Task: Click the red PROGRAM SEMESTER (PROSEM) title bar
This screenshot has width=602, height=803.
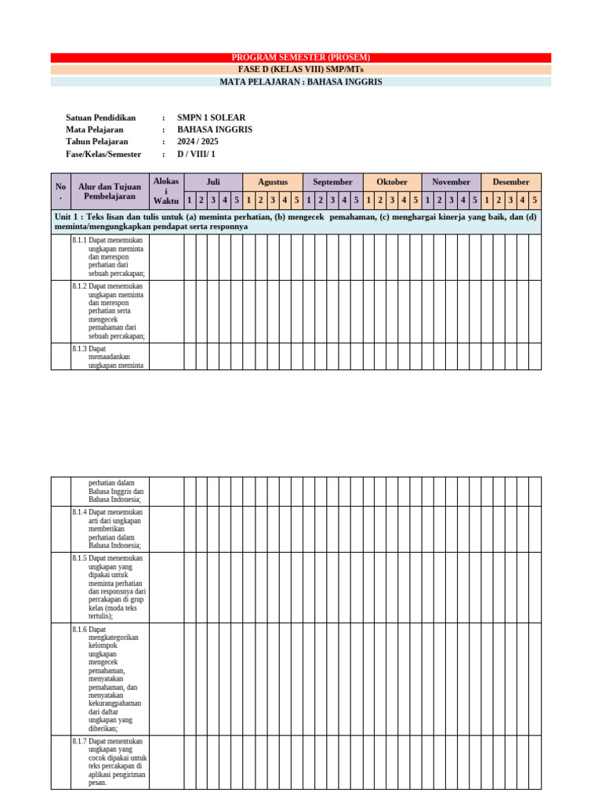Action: point(301,57)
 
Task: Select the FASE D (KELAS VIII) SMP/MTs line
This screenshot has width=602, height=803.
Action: point(301,69)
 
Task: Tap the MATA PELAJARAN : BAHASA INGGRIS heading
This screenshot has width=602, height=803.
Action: point(301,82)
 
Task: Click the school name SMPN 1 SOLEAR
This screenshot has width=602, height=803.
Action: point(211,118)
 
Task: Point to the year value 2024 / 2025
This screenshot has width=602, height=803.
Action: point(198,142)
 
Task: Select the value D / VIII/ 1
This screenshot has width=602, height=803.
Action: point(196,154)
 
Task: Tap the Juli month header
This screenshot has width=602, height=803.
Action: point(213,182)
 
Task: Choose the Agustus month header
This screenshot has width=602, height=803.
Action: point(273,182)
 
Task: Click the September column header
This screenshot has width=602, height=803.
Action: point(332,182)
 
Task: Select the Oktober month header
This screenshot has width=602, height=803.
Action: point(392,182)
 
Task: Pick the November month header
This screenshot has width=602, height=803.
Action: point(451,182)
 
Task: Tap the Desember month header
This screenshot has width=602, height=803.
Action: point(511,182)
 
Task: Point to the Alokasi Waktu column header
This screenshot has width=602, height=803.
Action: point(166,191)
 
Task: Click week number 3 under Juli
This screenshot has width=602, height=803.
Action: point(213,200)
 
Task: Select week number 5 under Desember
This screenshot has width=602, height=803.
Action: point(535,200)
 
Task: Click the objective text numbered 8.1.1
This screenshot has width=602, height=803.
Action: point(110,256)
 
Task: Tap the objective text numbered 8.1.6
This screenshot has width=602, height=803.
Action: point(110,678)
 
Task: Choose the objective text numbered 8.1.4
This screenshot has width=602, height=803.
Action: point(110,529)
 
